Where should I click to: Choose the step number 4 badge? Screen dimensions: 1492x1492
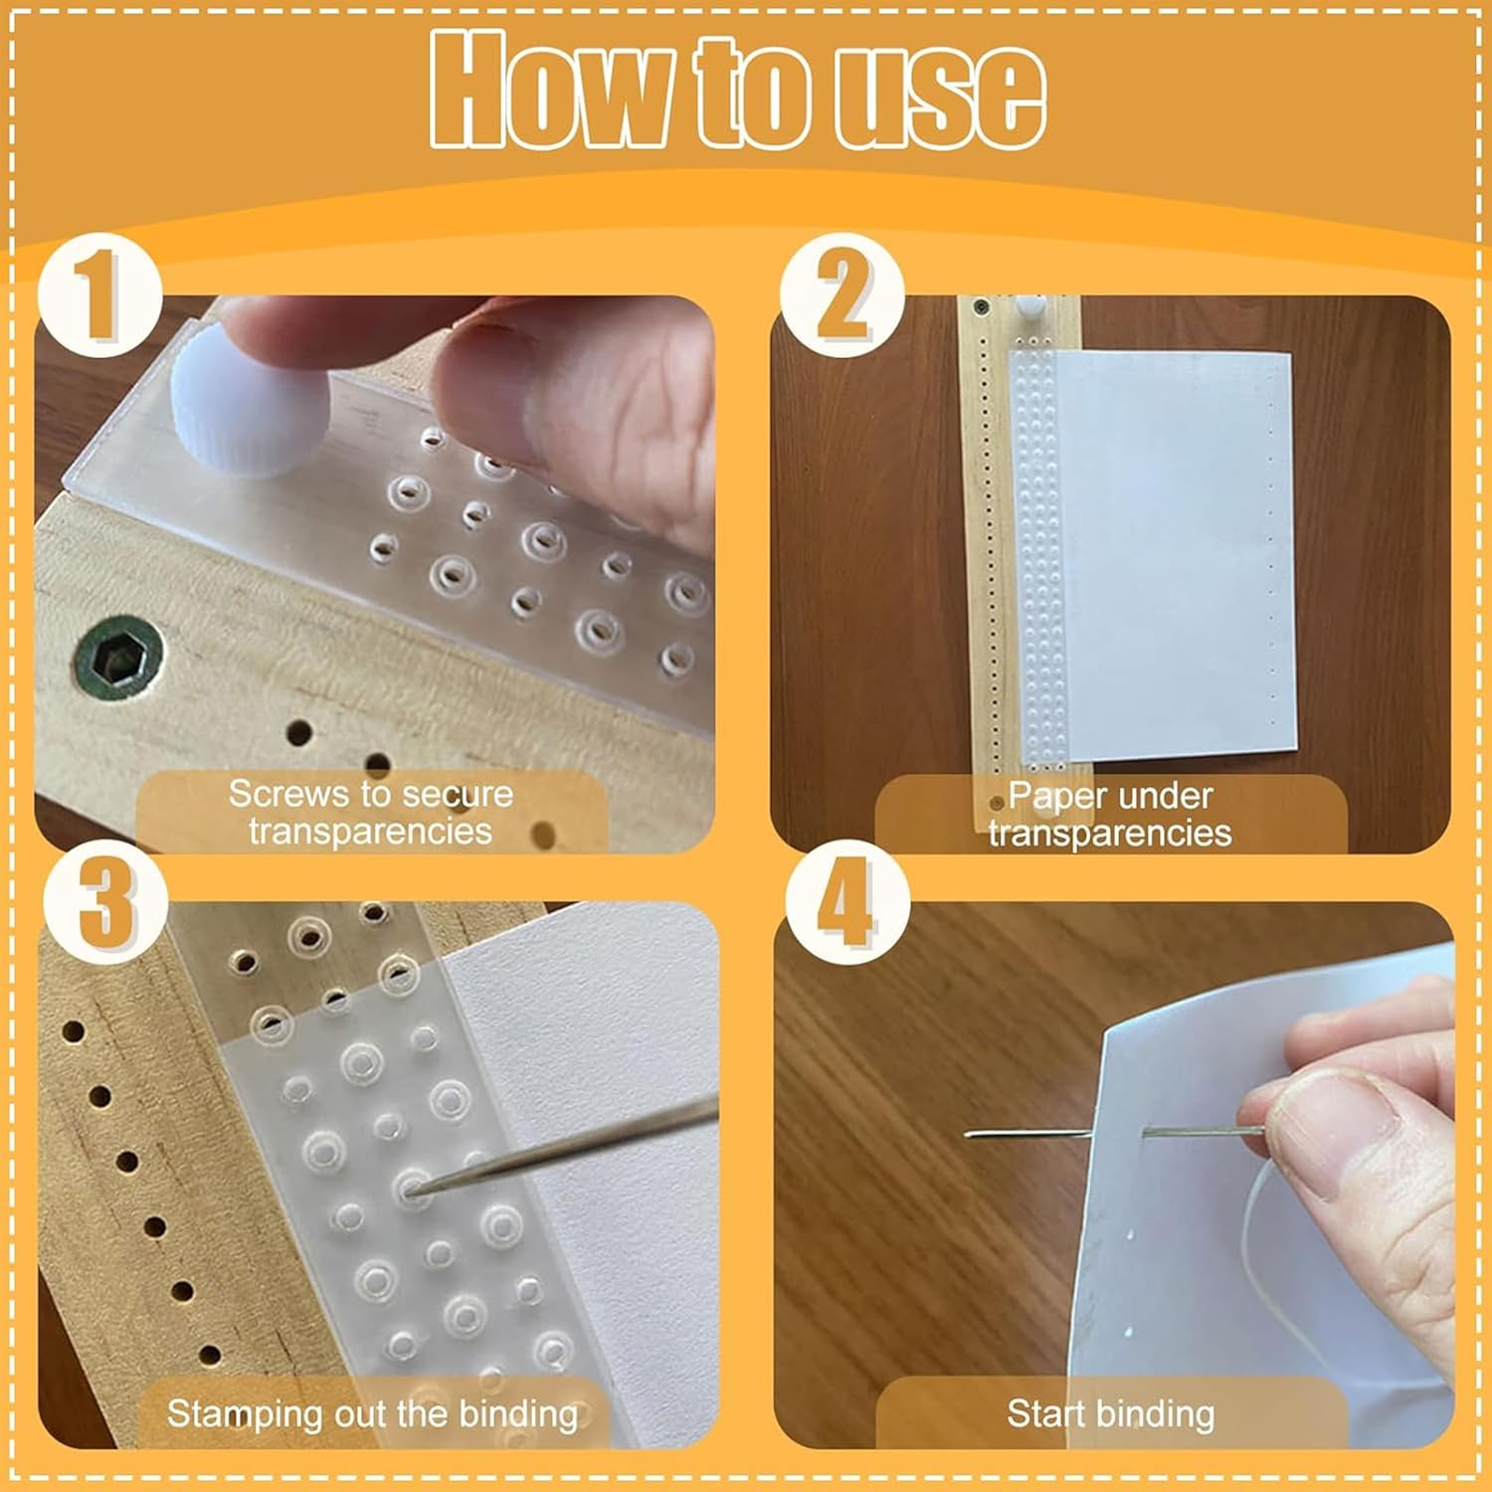[x=847, y=901]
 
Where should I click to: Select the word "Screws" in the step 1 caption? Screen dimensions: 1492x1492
[x=288, y=794]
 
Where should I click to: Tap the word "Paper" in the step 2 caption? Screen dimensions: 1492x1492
[x=1056, y=797]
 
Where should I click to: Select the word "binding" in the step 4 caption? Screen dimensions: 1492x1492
[x=1158, y=1415]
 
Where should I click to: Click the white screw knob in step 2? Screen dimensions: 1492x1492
[x=1027, y=307]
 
